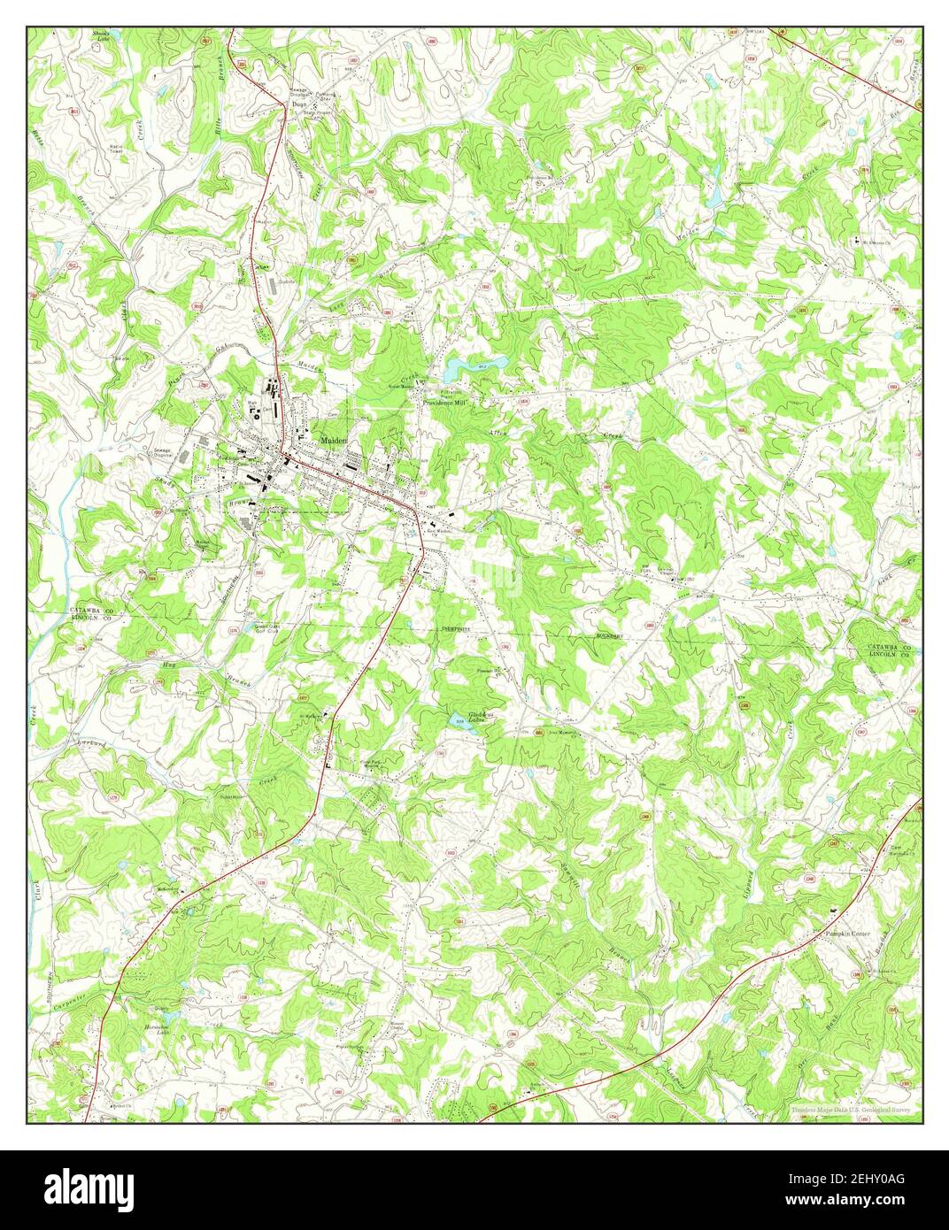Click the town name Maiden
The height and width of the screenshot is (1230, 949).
(x=334, y=440)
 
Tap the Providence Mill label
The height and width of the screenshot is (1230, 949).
(x=443, y=402)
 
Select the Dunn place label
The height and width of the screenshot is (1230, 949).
(x=299, y=104)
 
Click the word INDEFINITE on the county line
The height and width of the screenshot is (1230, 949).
(x=453, y=628)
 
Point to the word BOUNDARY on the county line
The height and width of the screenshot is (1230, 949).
(x=610, y=635)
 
